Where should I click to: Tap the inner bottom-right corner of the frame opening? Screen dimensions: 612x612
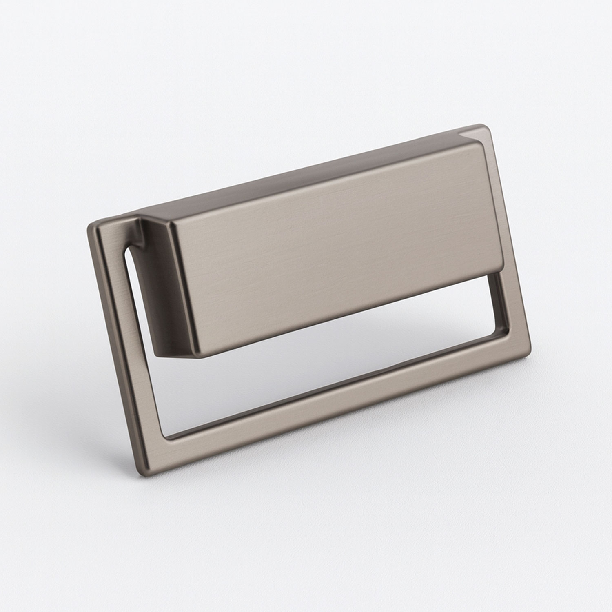pyautogui.click(x=506, y=339)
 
